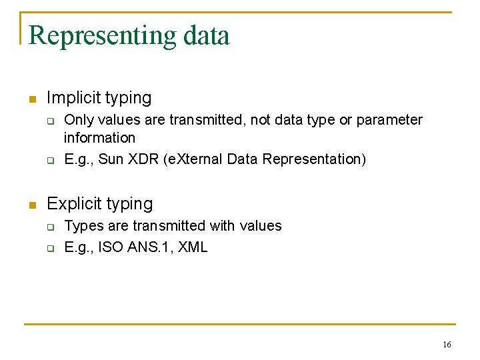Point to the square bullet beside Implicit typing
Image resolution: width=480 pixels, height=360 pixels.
pyautogui.click(x=31, y=99)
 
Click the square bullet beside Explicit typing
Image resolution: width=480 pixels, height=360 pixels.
pyautogui.click(x=31, y=205)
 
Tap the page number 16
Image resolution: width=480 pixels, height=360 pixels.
pyautogui.click(x=447, y=344)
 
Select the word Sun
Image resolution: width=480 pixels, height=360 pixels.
pyautogui.click(x=110, y=159)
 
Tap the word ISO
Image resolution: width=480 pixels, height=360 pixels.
pyautogui.click(x=110, y=247)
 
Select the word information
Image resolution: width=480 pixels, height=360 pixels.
pyautogui.click(x=99, y=138)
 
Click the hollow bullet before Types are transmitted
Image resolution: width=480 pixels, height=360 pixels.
pyautogui.click(x=49, y=227)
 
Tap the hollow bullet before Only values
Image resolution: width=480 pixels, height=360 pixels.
pyautogui.click(x=49, y=121)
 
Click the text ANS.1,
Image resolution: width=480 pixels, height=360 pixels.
pyautogui.click(x=150, y=247)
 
